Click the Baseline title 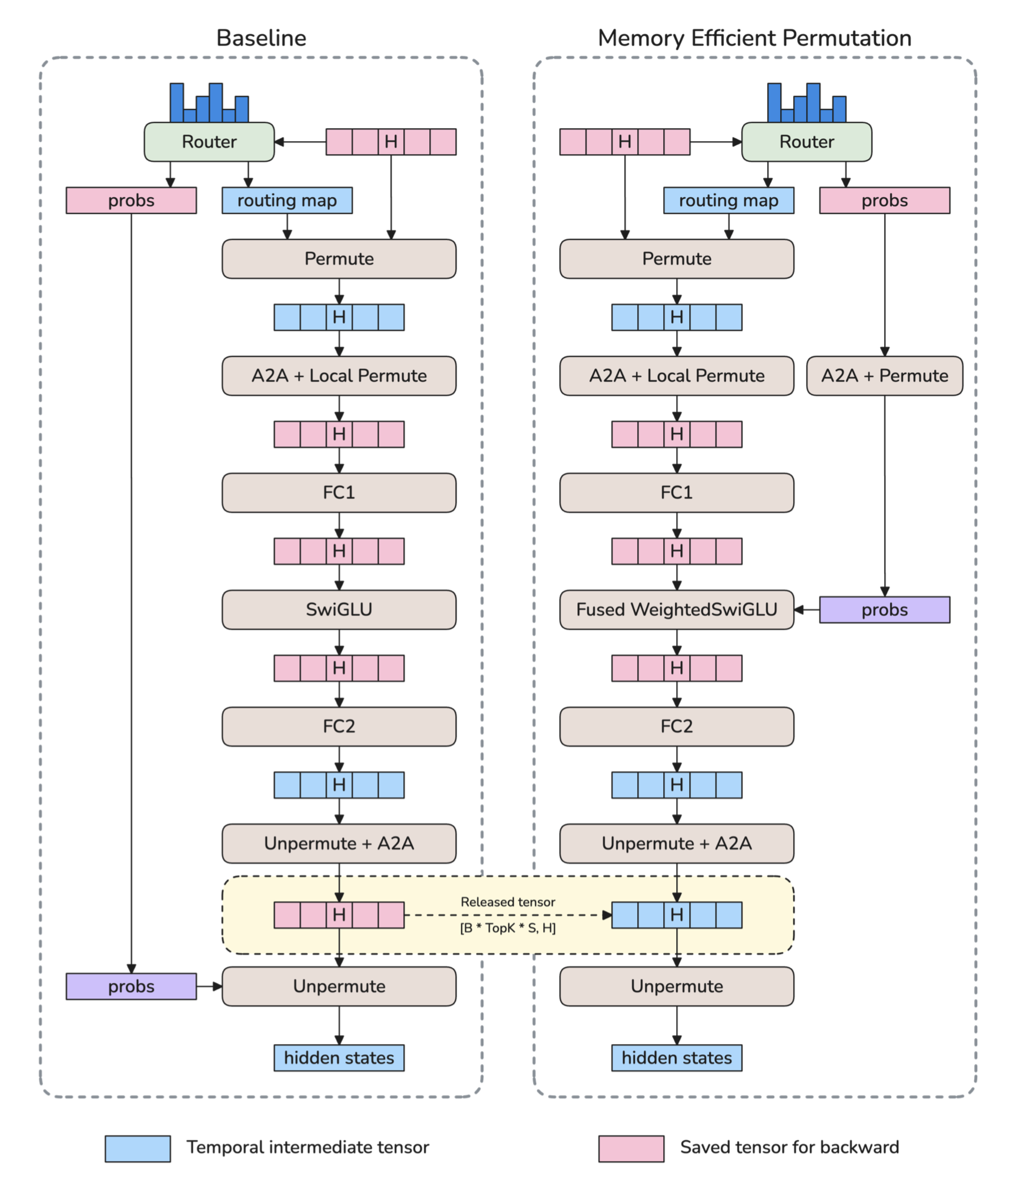(261, 38)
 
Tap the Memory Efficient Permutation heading (754, 38)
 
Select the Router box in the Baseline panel (209, 142)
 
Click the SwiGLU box (339, 609)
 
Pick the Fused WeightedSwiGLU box (676, 609)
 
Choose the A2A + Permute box (884, 375)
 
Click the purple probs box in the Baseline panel (131, 986)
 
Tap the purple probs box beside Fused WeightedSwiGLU (884, 609)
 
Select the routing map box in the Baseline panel (287, 201)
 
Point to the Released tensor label (508, 902)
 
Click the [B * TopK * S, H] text (508, 928)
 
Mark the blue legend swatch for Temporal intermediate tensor (138, 1149)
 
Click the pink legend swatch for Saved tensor (631, 1149)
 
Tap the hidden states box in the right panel (676, 1058)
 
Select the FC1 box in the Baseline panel (339, 492)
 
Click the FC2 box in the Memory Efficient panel (676, 726)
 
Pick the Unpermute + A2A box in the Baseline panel (339, 843)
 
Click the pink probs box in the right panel (884, 201)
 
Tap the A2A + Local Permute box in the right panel (676, 375)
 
